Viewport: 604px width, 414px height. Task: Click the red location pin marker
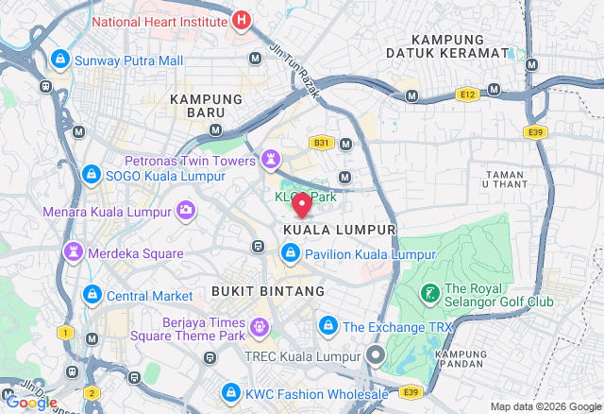[x=302, y=204]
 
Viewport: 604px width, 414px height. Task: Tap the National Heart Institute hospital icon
[x=242, y=19]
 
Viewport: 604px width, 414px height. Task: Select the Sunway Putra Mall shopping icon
[x=60, y=60]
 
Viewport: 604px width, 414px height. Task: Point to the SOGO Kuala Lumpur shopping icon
[x=92, y=175]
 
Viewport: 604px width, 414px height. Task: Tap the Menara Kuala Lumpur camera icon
[x=187, y=209]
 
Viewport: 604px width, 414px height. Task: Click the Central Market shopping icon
[x=92, y=295]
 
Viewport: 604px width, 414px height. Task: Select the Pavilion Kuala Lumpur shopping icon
[x=290, y=253]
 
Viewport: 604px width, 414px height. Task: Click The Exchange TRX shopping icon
[x=327, y=326]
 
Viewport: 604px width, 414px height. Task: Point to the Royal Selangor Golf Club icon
[x=429, y=295]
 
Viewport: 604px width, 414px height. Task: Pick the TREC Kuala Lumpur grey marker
[x=375, y=356]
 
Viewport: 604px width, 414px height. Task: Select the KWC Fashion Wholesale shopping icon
[x=230, y=392]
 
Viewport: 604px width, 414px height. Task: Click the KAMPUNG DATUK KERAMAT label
[x=461, y=46]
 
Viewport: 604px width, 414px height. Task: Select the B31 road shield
[x=321, y=143]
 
